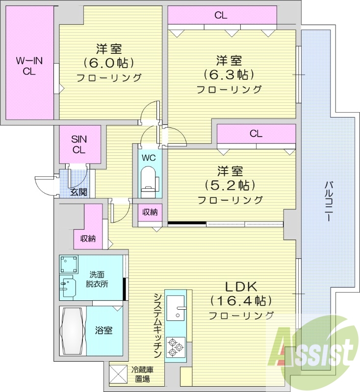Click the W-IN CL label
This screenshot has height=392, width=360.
point(29,66)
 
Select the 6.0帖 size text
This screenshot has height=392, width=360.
point(109,63)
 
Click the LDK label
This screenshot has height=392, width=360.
point(241,287)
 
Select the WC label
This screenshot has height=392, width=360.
point(148,158)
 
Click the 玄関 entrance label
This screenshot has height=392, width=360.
point(78,192)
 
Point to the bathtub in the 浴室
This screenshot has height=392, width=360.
point(73,331)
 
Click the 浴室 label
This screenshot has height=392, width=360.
point(104,330)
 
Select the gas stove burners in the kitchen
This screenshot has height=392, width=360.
point(175,347)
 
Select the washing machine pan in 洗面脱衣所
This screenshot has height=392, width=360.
point(69,265)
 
